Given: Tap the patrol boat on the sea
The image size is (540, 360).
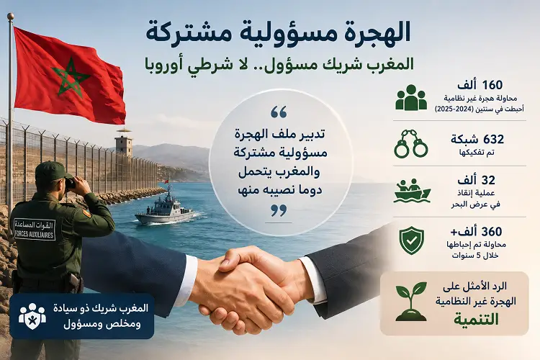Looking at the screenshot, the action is pyautogui.click(x=165, y=208).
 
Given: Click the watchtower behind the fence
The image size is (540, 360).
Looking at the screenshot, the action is pyautogui.click(x=124, y=143).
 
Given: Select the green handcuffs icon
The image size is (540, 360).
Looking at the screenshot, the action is pyautogui.click(x=411, y=143).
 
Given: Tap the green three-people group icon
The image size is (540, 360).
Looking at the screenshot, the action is pyautogui.click(x=411, y=98).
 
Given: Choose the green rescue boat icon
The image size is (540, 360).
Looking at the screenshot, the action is pyautogui.click(x=412, y=191).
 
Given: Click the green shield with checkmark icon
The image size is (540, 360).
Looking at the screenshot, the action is pyautogui.click(x=412, y=240).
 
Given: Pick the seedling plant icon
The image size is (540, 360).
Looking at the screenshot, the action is pyautogui.click(x=411, y=302).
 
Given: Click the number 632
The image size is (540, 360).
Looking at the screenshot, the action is pyautogui.click(x=493, y=139).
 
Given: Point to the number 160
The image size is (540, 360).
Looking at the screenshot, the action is pyautogui.click(x=492, y=85).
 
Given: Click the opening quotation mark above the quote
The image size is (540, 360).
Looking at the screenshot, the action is pyautogui.click(x=279, y=112).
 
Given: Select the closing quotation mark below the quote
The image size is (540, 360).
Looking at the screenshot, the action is pyautogui.click(x=279, y=210).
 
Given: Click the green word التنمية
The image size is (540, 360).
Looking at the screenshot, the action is pyautogui.click(x=476, y=319).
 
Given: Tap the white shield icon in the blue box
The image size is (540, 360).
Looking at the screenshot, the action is pyautogui.click(x=32, y=316).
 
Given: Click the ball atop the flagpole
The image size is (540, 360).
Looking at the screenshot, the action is pyautogui.click(x=11, y=16).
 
